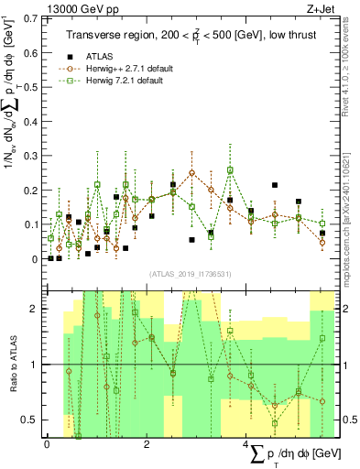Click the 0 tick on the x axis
[47, 444]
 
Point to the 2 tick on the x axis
[147, 444]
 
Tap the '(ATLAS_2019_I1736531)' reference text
[191, 272]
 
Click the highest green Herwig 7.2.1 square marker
[230, 169]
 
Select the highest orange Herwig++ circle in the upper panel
[192, 172]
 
